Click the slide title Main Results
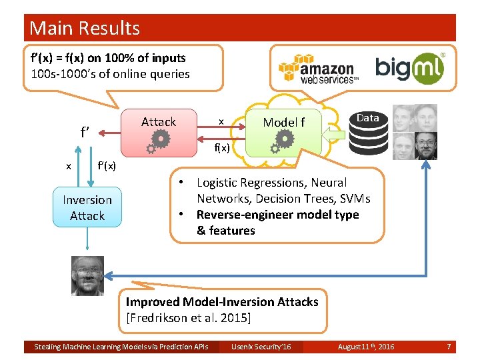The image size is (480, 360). pos(85,28)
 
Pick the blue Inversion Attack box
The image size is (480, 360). pos(87,208)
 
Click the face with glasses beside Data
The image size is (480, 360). pos(425,145)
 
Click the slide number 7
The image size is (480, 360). pos(449,347)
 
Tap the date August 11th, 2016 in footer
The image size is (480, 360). pos(365,347)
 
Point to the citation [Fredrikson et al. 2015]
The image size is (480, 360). pos(188,318)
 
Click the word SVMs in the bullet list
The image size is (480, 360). pos(355,199)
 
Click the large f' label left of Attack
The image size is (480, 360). pos(85,131)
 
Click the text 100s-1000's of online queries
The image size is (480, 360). pos(110,74)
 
